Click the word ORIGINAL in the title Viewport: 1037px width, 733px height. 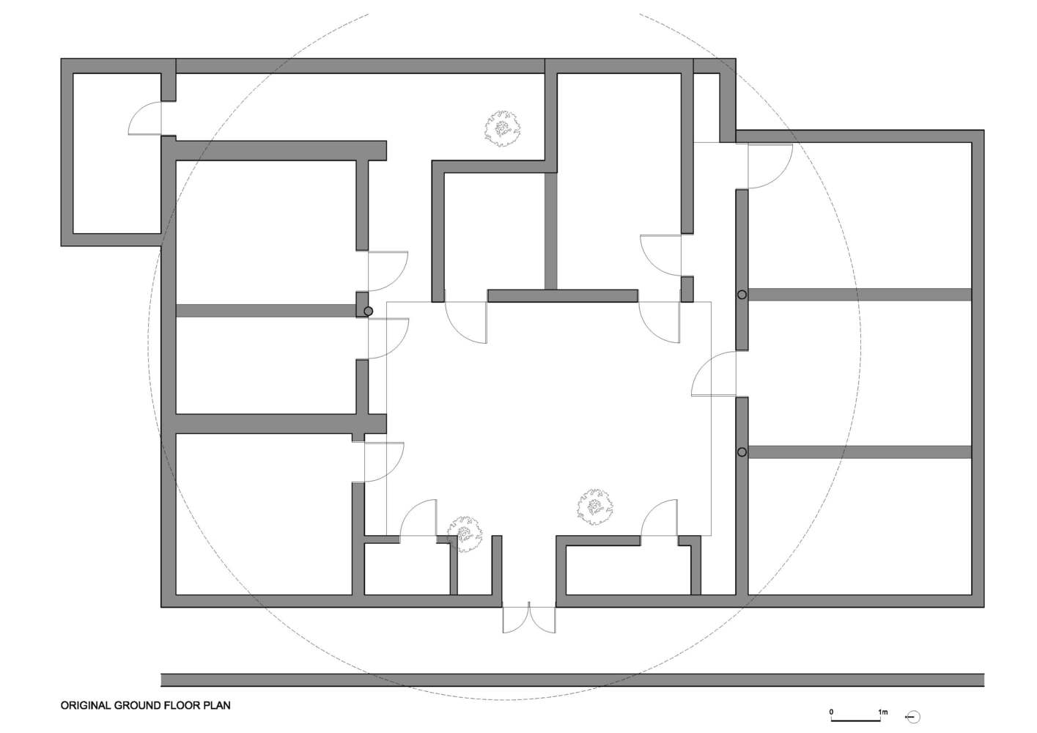[x=86, y=706]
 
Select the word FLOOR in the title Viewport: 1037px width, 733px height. [x=178, y=706]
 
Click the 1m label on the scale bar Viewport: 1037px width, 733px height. [x=882, y=712]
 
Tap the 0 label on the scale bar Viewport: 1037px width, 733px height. [x=832, y=712]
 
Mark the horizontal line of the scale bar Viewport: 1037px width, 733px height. [x=855, y=721]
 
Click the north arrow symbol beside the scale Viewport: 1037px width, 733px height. [x=913, y=718]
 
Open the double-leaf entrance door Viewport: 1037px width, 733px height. [x=529, y=619]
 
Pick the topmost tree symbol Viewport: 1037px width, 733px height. [x=502, y=129]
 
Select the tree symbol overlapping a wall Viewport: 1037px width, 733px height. [x=465, y=534]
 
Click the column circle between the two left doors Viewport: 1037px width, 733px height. [x=368, y=312]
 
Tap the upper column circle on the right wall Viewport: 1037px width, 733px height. [x=742, y=295]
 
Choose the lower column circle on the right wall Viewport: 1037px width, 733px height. [x=742, y=452]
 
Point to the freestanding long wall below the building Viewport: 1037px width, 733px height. [x=572, y=679]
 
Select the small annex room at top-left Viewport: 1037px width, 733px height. [x=117, y=152]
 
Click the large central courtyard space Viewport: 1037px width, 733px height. [x=549, y=419]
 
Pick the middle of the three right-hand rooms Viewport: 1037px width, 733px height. [x=859, y=373]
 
